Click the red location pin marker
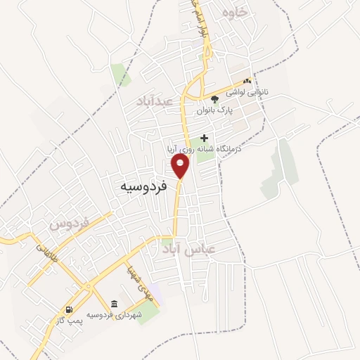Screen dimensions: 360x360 181,166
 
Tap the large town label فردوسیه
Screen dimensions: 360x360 143,187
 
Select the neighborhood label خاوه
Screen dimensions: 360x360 235,13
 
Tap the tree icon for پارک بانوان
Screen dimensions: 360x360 214,98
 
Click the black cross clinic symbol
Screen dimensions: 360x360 205,138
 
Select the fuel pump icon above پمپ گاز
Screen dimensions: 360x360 68,309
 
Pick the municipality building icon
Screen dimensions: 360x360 114,303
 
